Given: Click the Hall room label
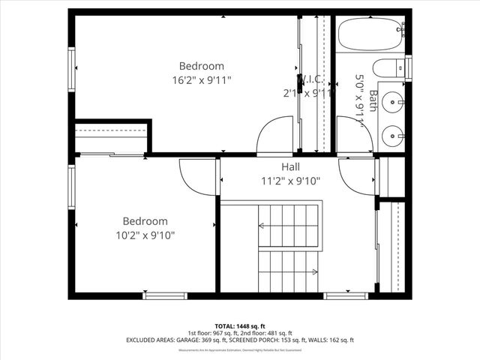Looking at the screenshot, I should pyautogui.click(x=292, y=166).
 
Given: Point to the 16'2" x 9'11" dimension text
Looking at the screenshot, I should pyautogui.click(x=200, y=79).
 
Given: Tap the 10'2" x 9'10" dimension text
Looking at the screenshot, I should pyautogui.click(x=145, y=235).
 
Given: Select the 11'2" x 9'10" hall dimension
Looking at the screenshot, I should pyautogui.click(x=291, y=180).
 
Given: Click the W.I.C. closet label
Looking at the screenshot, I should pyautogui.click(x=310, y=79).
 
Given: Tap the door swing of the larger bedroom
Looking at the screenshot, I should pyautogui.click(x=274, y=136).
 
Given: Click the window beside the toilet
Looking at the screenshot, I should pyautogui.click(x=409, y=67).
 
